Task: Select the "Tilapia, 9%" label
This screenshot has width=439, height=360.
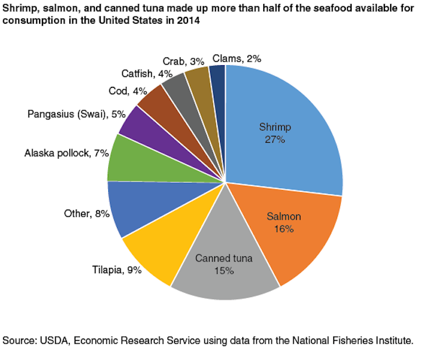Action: [116, 270]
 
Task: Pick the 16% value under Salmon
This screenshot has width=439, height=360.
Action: [284, 229]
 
